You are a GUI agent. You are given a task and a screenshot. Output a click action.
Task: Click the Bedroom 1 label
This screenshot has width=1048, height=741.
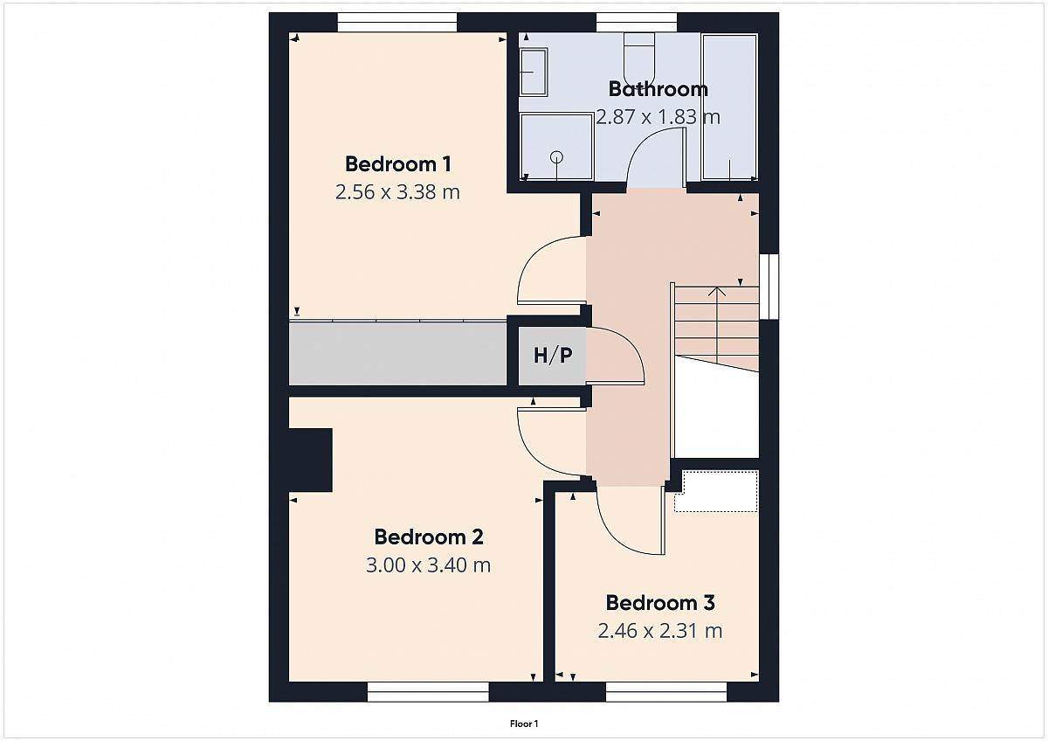(x=398, y=163)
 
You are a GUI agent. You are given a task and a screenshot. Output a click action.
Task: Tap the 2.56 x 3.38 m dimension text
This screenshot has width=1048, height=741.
(x=397, y=192)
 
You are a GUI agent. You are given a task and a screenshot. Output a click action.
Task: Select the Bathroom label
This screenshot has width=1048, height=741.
(x=658, y=89)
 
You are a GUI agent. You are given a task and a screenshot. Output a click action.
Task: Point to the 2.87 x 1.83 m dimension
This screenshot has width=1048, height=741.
(x=658, y=116)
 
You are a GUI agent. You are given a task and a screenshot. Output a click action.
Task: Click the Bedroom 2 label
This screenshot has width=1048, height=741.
(x=429, y=537)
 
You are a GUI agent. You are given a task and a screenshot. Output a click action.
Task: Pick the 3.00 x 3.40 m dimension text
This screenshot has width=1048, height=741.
(x=428, y=565)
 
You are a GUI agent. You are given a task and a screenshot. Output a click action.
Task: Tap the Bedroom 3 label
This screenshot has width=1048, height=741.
(x=660, y=603)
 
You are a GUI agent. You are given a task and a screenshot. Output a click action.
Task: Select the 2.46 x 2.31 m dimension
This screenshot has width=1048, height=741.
(x=660, y=631)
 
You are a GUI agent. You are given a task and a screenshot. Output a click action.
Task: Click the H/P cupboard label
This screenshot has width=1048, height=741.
(x=553, y=356)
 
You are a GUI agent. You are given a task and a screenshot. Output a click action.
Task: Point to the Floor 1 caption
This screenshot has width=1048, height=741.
(x=524, y=724)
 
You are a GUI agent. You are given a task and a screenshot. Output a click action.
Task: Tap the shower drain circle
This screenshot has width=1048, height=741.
(x=557, y=156)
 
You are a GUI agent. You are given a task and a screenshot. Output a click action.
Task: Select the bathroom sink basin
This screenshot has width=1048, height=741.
(x=534, y=72)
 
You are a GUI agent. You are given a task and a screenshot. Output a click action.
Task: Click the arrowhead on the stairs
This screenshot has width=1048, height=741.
(x=716, y=292)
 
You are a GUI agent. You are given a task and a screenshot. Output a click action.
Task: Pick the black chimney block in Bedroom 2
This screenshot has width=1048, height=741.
(x=311, y=461)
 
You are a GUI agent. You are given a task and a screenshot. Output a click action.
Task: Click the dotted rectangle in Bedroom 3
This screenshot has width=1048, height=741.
(x=716, y=491)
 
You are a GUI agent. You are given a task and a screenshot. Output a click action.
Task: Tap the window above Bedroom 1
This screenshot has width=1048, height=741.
(x=397, y=23)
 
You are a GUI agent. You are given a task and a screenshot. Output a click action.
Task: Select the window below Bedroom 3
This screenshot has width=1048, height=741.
(x=666, y=692)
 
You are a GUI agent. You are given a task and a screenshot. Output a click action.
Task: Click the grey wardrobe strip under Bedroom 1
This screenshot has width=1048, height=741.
(x=397, y=353)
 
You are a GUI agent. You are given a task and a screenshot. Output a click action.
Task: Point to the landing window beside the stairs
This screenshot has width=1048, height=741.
(x=769, y=287)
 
